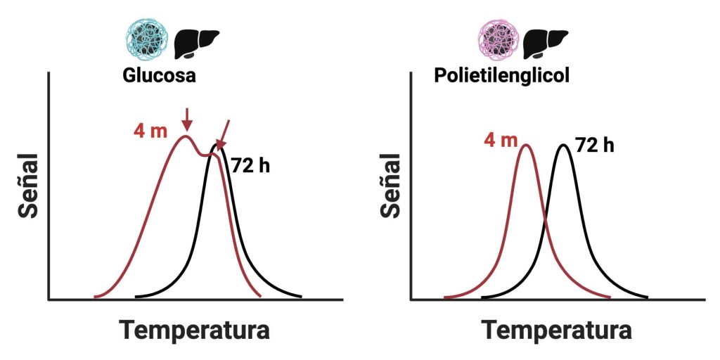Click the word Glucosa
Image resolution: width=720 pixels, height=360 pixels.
(159, 76)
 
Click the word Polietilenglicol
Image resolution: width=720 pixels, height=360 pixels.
(501, 76)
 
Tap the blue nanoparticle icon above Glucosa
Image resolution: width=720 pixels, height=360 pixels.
(146, 39)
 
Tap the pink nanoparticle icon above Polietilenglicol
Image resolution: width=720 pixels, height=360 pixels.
(499, 39)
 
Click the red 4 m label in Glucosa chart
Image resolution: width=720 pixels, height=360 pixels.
(149, 131)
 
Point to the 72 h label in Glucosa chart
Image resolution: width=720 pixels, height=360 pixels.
(250, 167)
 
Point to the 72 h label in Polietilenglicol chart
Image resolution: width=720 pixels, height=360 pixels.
(595, 146)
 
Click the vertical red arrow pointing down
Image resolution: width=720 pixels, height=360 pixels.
(186, 119)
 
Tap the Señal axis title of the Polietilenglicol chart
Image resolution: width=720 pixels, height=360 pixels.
(390, 191)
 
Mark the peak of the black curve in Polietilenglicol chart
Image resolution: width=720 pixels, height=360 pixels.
(563, 145)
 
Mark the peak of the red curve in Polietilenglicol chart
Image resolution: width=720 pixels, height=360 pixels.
(525, 145)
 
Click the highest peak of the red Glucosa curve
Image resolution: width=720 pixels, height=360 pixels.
(185, 136)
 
